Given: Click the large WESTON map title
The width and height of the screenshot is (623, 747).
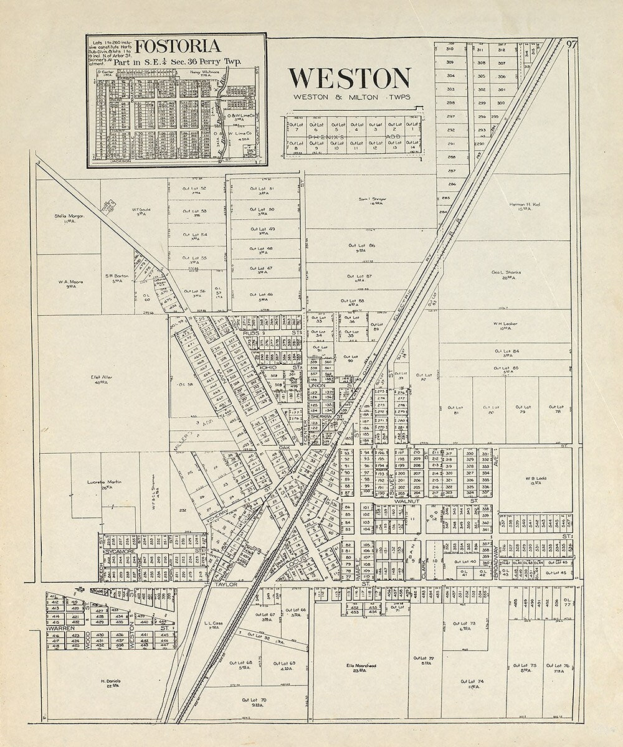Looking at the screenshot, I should pyautogui.click(x=349, y=78).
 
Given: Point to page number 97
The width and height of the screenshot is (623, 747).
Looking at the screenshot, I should pyautogui.click(x=571, y=44).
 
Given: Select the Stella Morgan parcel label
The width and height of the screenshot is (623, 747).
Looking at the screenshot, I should pyautogui.click(x=69, y=217).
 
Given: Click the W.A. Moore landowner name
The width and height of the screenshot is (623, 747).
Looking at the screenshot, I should pyautogui.click(x=71, y=281).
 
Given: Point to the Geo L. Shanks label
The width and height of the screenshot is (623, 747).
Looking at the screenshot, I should pyautogui.click(x=506, y=272).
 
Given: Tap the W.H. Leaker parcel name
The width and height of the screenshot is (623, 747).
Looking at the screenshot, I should pyautogui.click(x=505, y=324).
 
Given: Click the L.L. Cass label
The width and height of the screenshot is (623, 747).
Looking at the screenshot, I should pyautogui.click(x=213, y=622).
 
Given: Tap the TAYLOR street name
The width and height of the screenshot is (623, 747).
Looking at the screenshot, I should pyautogui.click(x=222, y=585).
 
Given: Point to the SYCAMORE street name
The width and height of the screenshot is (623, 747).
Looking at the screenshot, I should pyautogui.click(x=120, y=552).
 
